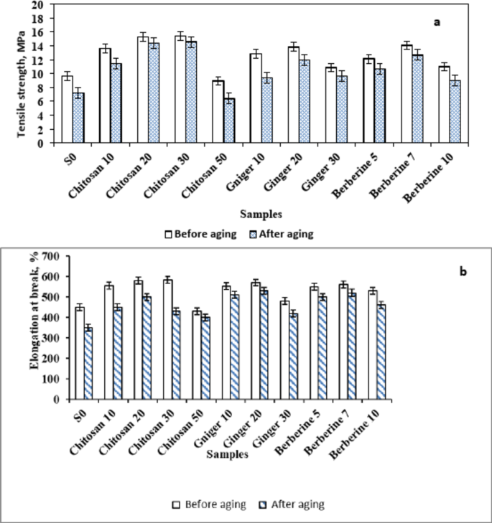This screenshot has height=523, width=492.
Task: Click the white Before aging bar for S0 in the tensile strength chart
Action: pyautogui.click(x=67, y=109)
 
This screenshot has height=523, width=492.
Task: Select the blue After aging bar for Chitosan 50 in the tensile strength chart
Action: pyautogui.click(x=229, y=121)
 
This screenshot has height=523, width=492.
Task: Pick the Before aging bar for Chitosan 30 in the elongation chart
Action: pyautogui.click(x=168, y=339)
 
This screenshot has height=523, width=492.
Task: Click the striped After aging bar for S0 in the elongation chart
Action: pyautogui.click(x=88, y=364)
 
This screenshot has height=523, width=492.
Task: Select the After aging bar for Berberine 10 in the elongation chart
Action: pyautogui.click(x=381, y=352)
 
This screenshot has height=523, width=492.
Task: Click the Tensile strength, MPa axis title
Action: pyautogui.click(x=21, y=84)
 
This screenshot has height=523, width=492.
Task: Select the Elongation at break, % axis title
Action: pyautogui.click(x=34, y=311)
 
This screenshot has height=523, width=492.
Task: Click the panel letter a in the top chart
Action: pyautogui.click(x=437, y=22)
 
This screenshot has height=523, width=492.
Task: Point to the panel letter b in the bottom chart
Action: pyautogui.click(x=463, y=272)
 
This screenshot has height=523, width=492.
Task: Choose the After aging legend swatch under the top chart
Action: pyautogui.click(x=254, y=235)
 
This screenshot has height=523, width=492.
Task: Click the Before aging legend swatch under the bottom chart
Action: pyautogui.click(x=176, y=504)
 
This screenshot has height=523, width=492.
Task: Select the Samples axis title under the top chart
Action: pyautogui.click(x=261, y=214)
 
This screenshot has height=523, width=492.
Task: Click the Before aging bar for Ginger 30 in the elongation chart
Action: pyautogui.click(x=285, y=350)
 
